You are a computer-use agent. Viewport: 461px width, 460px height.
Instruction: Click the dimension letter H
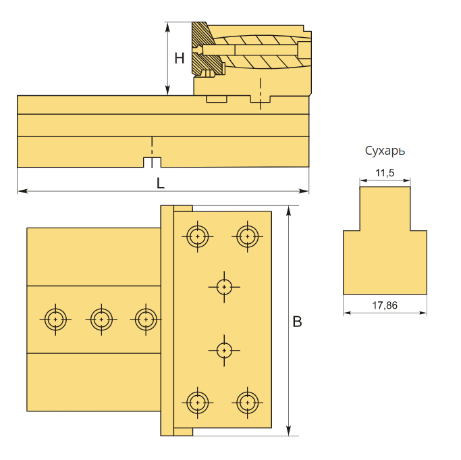click(x=179, y=59)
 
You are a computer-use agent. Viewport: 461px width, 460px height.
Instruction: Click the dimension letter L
click(x=160, y=182)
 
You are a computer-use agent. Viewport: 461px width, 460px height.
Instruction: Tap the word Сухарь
click(x=385, y=151)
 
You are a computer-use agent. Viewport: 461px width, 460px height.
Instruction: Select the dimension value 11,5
click(x=385, y=173)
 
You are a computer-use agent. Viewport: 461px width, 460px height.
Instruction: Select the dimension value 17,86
click(x=385, y=305)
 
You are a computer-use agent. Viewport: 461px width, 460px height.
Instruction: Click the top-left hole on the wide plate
click(x=197, y=236)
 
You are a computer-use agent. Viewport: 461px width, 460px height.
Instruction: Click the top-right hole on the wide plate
click(x=248, y=236)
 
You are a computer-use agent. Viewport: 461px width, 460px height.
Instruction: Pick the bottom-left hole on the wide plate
click(x=197, y=403)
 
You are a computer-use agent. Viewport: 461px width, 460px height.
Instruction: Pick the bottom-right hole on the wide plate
click(x=248, y=403)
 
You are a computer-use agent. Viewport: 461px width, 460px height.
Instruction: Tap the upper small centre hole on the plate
click(x=224, y=286)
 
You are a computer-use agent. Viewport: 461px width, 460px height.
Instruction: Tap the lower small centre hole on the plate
click(x=224, y=350)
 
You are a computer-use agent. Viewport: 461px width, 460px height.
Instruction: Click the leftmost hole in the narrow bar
click(x=55, y=319)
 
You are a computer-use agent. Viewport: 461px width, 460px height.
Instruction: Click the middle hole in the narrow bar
click(x=101, y=319)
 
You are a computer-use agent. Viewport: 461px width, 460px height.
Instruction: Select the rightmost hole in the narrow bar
click(x=145, y=319)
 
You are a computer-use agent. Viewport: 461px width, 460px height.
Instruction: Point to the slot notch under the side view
click(x=153, y=163)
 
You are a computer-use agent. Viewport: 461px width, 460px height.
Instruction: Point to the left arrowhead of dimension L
click(x=20, y=191)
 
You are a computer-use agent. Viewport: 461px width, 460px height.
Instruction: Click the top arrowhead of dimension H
click(x=167, y=25)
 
